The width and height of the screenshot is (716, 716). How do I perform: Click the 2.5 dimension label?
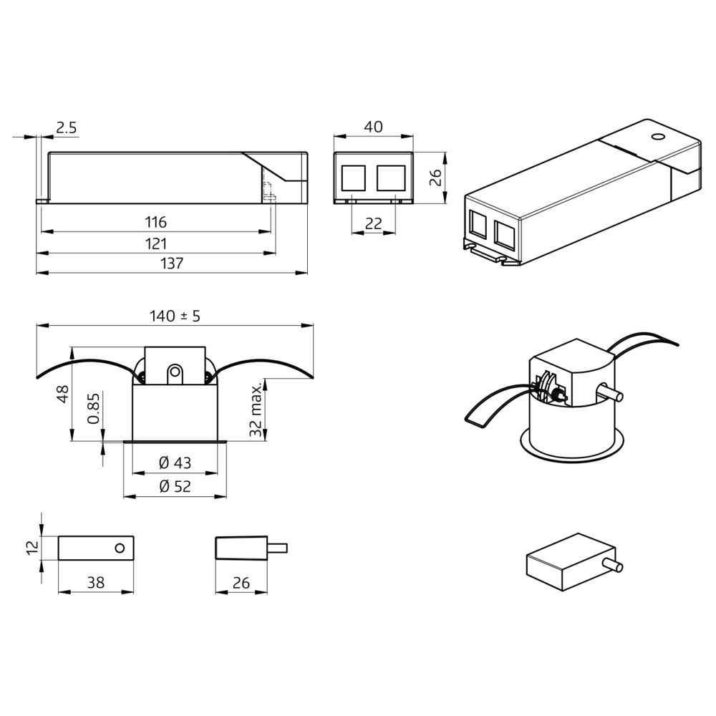(x=66, y=128)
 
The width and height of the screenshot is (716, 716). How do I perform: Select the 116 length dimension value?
(x=155, y=223)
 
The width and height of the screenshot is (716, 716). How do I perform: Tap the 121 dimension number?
(x=155, y=243)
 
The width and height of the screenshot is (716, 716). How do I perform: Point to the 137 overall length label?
(x=172, y=263)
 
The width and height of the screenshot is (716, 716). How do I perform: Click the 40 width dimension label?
(x=373, y=127)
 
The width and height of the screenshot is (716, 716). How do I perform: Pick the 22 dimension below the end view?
(x=373, y=223)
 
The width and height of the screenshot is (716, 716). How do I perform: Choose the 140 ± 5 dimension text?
(x=175, y=316)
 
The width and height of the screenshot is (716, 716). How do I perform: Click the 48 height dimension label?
(x=63, y=394)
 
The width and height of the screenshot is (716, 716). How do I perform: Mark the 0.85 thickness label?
(x=93, y=408)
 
